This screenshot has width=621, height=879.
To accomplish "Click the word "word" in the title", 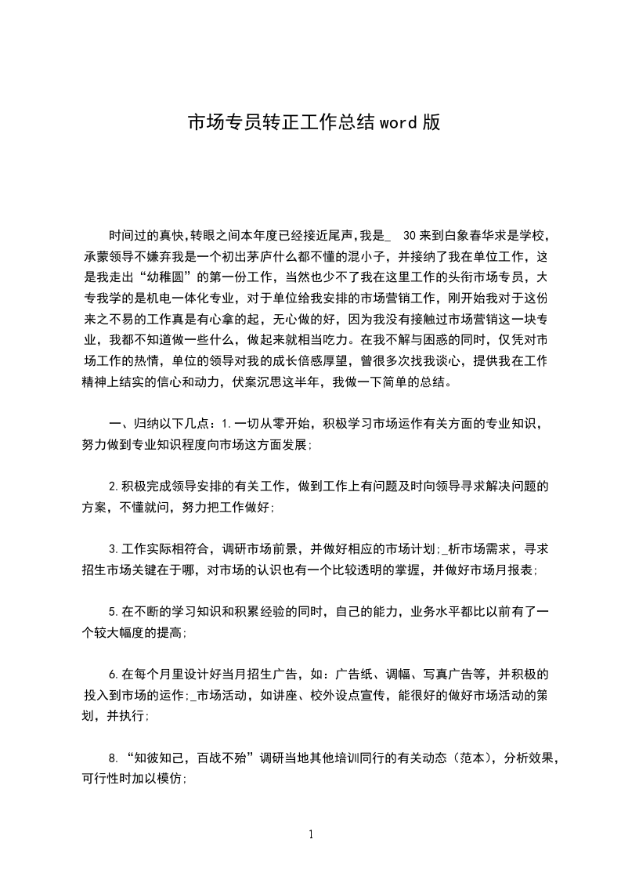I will (x=399, y=123).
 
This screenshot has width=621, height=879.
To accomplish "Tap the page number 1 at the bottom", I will (x=311, y=834).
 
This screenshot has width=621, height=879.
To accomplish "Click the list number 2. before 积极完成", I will (x=114, y=487).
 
